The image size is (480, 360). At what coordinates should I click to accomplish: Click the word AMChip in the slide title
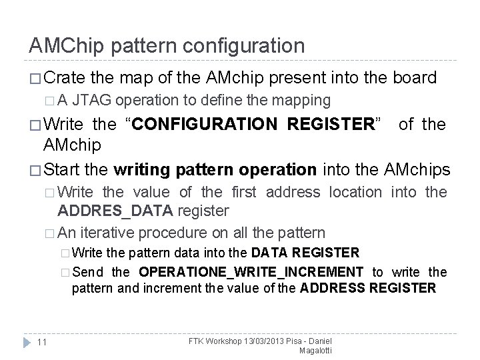pyautogui.click(x=63, y=46)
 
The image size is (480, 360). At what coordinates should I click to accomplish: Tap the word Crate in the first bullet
pyautogui.click(x=67, y=78)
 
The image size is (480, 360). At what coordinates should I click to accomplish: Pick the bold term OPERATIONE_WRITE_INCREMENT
pyautogui.click(x=251, y=272)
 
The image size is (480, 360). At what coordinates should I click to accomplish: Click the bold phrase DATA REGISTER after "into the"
pyautogui.click(x=305, y=253)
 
